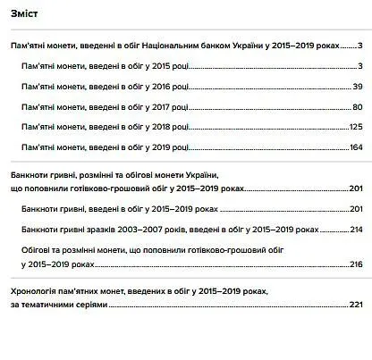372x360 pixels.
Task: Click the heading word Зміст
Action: pos(25,13)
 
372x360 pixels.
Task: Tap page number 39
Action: pos(357,86)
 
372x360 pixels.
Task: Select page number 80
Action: pos(357,106)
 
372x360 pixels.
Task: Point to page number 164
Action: pos(355,147)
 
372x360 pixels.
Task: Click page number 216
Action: pos(355,264)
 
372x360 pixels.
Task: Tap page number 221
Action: pos(355,305)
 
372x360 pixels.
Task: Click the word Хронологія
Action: pos(36,292)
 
